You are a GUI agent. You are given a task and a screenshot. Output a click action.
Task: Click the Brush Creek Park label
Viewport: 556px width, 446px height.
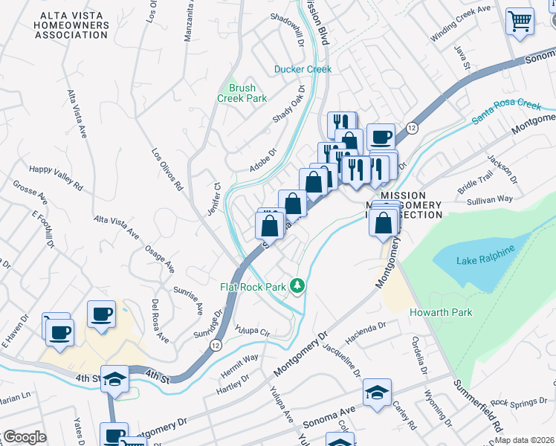pos(242,93)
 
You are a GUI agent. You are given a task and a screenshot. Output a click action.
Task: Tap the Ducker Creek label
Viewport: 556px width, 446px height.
pos(303,69)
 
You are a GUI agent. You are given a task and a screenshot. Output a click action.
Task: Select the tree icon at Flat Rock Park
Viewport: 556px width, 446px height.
pos(297,285)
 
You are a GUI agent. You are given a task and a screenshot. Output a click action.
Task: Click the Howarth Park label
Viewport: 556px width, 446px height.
pos(441,312)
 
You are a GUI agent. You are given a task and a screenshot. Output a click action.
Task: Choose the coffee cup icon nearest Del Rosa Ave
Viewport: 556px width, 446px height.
pos(101,314)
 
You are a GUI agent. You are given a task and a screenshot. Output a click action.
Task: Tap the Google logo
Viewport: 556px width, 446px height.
pos(24,437)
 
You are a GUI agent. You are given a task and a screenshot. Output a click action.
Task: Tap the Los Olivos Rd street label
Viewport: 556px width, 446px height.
pos(167,169)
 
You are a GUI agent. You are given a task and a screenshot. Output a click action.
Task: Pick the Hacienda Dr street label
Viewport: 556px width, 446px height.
pos(366,326)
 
